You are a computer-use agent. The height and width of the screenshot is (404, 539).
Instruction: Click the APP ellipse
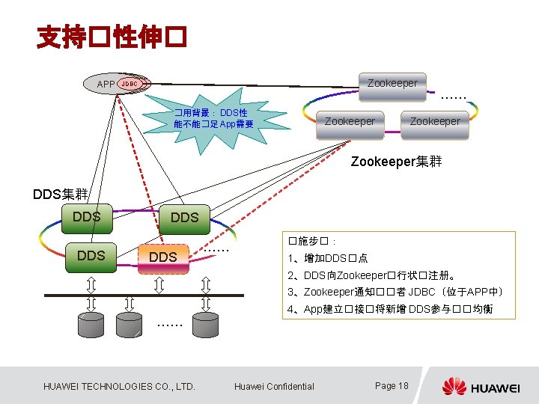tap(106, 84)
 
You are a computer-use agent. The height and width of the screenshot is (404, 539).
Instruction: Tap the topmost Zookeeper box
tap(392, 84)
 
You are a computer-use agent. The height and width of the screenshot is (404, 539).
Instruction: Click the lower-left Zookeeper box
tap(350, 120)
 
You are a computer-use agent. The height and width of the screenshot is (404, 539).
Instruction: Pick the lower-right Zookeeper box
tap(435, 120)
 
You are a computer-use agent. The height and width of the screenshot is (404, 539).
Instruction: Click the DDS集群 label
tap(61, 195)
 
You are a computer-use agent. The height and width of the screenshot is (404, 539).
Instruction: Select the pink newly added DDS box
tap(163, 257)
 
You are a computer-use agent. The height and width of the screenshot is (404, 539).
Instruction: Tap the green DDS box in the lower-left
tap(91, 255)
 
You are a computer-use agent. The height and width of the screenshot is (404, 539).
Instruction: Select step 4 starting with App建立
tap(389, 309)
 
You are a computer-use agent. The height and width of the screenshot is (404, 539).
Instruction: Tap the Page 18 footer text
tap(392, 386)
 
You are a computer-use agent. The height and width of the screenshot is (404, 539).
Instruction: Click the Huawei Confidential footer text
tap(274, 386)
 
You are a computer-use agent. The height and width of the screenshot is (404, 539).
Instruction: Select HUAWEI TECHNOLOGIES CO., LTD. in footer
tap(120, 386)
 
